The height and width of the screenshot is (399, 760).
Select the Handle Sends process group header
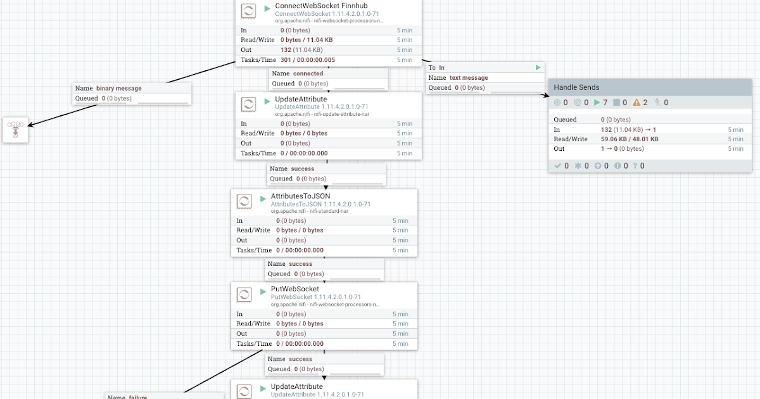click(x=576, y=87)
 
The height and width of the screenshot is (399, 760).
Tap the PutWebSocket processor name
click(x=295, y=289)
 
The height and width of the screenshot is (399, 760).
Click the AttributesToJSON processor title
click(x=300, y=196)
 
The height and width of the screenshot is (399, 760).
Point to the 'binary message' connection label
click(x=118, y=89)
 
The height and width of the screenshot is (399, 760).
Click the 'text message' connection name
click(x=469, y=78)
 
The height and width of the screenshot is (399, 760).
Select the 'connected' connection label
click(x=308, y=73)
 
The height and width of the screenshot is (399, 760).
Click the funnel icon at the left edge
click(x=15, y=130)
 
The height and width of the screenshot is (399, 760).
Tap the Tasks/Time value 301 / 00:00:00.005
click(x=308, y=60)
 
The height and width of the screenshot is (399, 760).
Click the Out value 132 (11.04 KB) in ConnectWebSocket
click(x=301, y=50)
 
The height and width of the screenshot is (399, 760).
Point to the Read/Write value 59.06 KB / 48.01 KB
click(x=630, y=139)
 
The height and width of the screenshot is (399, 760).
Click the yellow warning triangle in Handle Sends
click(x=636, y=103)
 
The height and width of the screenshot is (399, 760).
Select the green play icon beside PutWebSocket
click(x=263, y=292)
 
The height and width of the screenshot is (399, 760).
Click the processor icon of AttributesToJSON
click(x=244, y=201)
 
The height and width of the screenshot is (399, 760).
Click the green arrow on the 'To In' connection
click(x=538, y=67)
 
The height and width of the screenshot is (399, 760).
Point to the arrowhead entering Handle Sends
click(x=545, y=96)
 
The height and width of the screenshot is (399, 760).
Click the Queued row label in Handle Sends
click(x=565, y=120)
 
